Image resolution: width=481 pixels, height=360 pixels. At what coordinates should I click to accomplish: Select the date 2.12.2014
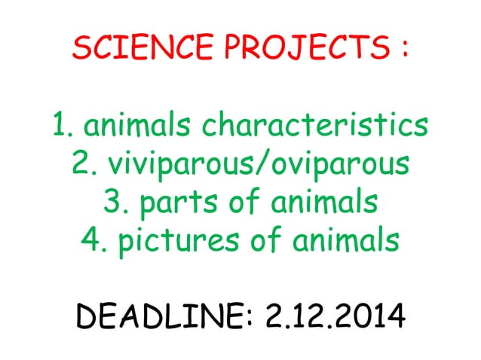[335, 321]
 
